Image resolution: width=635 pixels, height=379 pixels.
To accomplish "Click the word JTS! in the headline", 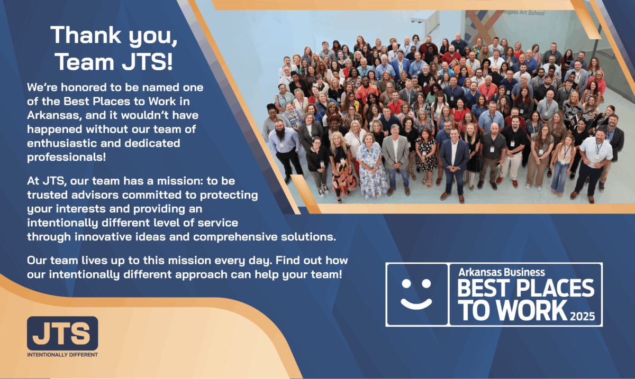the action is click(x=147, y=61).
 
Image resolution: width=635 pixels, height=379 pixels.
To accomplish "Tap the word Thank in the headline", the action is click(x=86, y=35).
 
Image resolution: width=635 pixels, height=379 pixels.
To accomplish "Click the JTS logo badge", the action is click(x=62, y=334).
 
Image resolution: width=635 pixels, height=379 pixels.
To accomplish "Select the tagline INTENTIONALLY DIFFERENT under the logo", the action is click(x=62, y=355).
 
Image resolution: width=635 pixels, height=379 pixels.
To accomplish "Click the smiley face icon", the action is click(x=416, y=294).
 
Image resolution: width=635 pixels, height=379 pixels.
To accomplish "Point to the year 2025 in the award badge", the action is click(x=582, y=316).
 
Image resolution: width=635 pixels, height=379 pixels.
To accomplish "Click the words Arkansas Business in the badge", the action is click(x=502, y=272).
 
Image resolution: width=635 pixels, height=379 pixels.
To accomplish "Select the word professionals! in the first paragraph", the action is click(x=66, y=157).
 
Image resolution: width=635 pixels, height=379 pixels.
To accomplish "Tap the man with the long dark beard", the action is click(x=284, y=149).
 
